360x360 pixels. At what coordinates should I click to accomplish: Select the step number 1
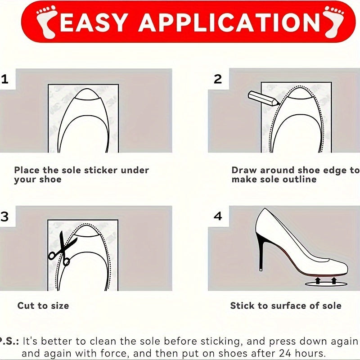pos(4,80)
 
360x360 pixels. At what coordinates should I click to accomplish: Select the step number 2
pos(218,80)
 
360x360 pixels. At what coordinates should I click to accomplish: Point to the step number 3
pos(4,217)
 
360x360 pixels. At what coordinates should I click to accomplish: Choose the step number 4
pos(218,216)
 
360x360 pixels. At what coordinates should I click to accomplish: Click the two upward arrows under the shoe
pos(325,281)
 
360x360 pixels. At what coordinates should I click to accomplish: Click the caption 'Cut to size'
pos(43,306)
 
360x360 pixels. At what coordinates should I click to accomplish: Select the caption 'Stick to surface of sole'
pos(286,306)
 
